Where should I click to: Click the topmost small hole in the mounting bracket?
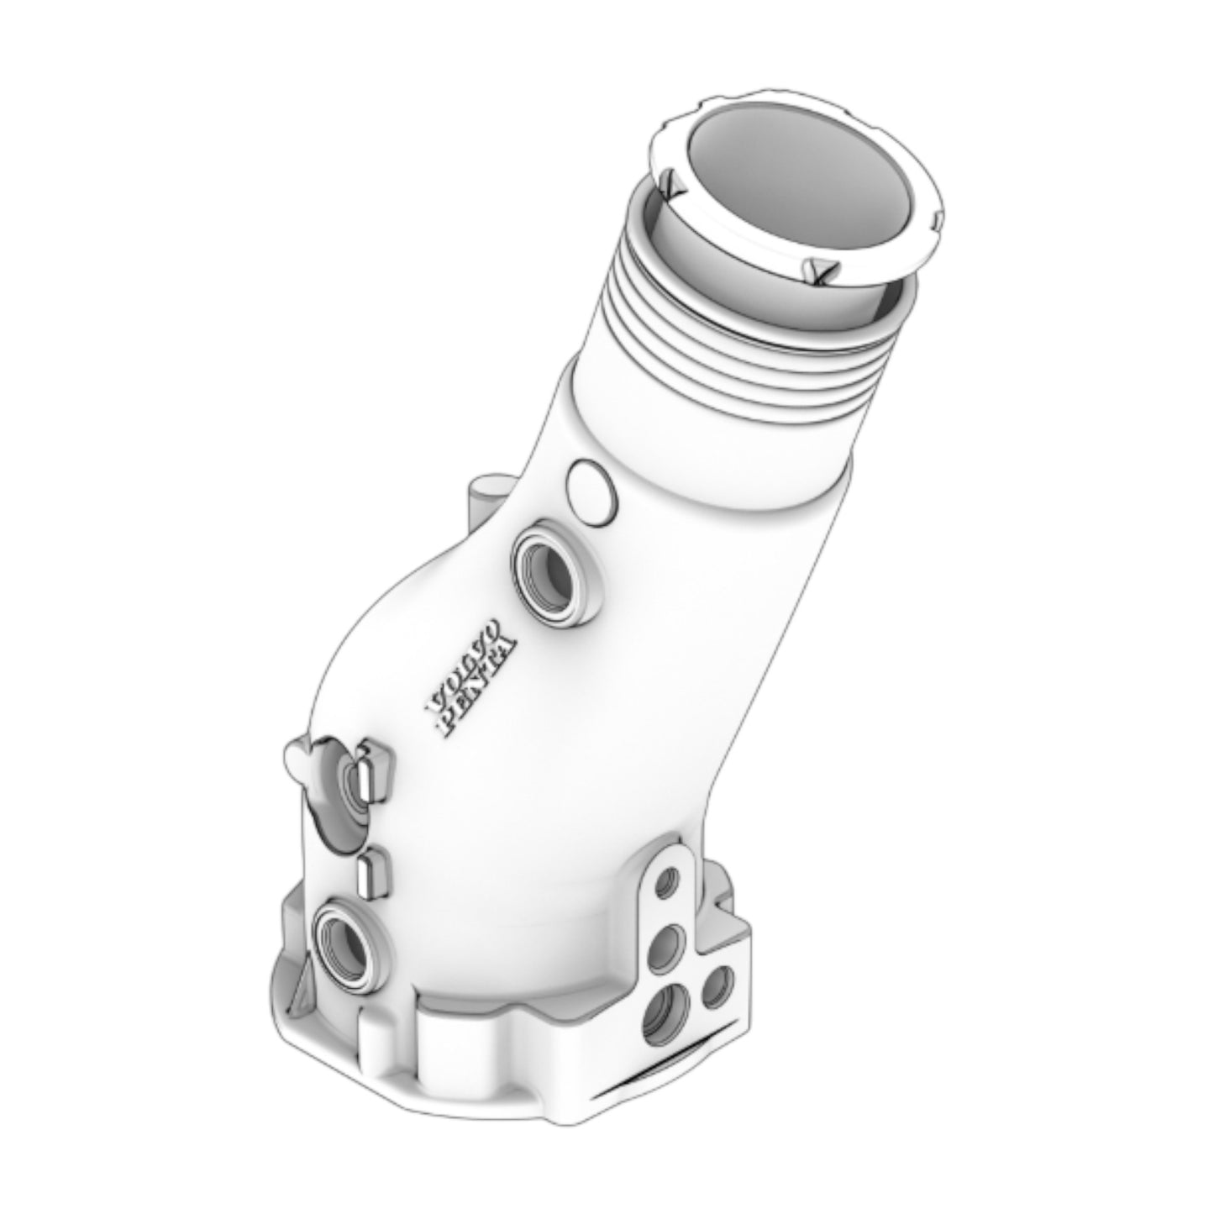(668, 882)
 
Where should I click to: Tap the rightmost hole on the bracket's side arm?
(717, 987)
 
